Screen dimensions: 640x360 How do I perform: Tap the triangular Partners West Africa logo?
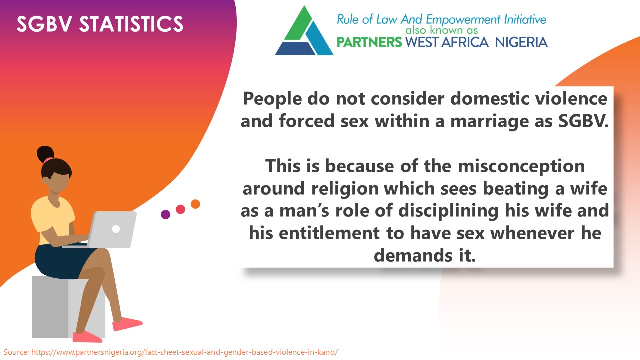304,31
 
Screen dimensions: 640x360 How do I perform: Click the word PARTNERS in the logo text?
369,42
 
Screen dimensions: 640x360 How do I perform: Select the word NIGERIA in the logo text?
521,42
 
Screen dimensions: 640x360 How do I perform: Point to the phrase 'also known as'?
441,30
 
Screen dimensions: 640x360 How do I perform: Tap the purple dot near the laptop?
165,214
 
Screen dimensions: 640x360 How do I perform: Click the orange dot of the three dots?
195,204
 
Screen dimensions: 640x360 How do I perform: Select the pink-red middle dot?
180,209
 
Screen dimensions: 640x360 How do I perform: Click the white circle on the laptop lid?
116,229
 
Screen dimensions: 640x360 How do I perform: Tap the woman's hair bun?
45,154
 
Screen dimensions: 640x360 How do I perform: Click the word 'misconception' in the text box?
521,166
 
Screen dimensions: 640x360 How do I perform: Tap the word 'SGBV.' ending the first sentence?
583,121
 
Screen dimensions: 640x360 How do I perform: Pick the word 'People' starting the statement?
272,99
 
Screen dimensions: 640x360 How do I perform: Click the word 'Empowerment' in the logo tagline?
463,19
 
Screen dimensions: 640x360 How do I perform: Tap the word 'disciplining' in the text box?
448,211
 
